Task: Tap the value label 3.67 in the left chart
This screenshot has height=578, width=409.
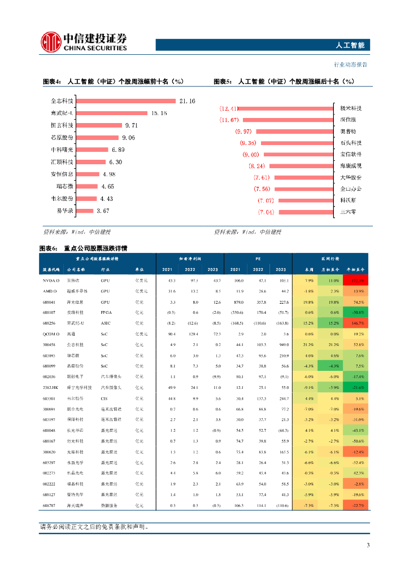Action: (103, 211)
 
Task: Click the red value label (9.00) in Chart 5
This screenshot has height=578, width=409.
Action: (250, 155)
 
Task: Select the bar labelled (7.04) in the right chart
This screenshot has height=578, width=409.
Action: (305, 212)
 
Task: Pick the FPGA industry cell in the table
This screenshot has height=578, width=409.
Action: (107, 312)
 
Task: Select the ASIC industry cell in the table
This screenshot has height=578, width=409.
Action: (106, 323)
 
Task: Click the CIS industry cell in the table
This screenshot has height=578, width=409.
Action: (104, 398)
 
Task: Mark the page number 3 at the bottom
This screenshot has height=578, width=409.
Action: (368, 545)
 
